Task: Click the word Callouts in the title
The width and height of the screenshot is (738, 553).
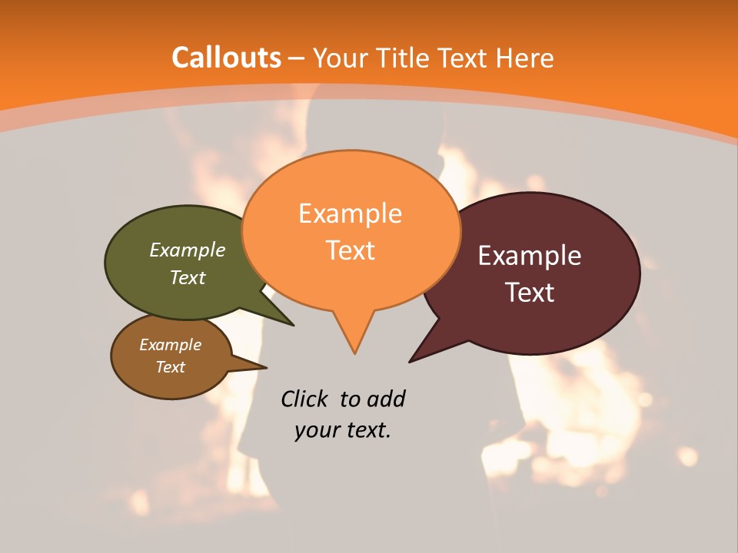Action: pyautogui.click(x=226, y=58)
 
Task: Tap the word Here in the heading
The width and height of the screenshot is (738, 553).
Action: pyautogui.click(x=525, y=58)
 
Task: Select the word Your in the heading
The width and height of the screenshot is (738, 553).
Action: pyautogui.click(x=340, y=58)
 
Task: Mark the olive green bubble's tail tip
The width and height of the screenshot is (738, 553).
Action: pyautogui.click(x=292, y=325)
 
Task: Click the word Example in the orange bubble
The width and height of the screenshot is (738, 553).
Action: pyautogui.click(x=350, y=214)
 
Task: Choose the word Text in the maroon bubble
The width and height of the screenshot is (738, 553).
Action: pyautogui.click(x=530, y=293)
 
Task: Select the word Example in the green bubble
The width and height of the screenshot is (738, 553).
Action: pyautogui.click(x=188, y=250)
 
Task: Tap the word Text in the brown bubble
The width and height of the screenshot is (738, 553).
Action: pyautogui.click(x=171, y=367)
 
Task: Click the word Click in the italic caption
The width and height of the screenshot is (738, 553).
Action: pyautogui.click(x=304, y=399)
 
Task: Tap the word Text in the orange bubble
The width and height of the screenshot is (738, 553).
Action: pyautogui.click(x=351, y=250)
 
